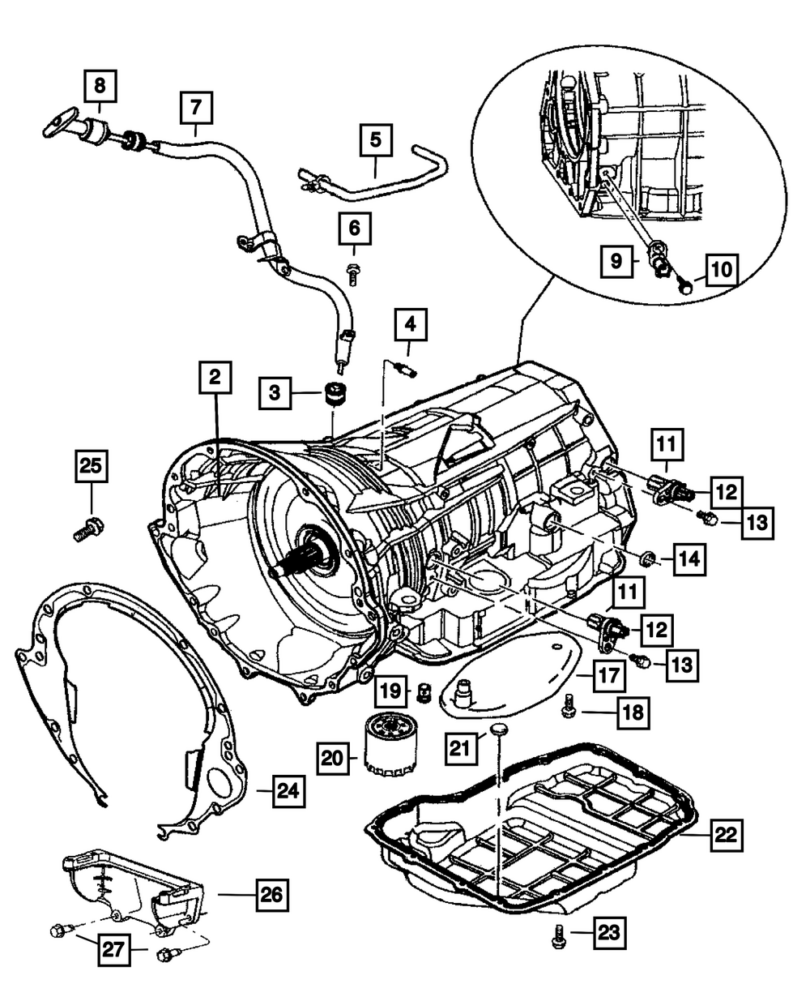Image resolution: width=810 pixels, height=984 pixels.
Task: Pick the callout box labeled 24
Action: [288, 789]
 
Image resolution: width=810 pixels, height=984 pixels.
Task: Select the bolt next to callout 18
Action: [568, 708]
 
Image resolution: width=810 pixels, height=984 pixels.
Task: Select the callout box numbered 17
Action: [607, 673]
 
